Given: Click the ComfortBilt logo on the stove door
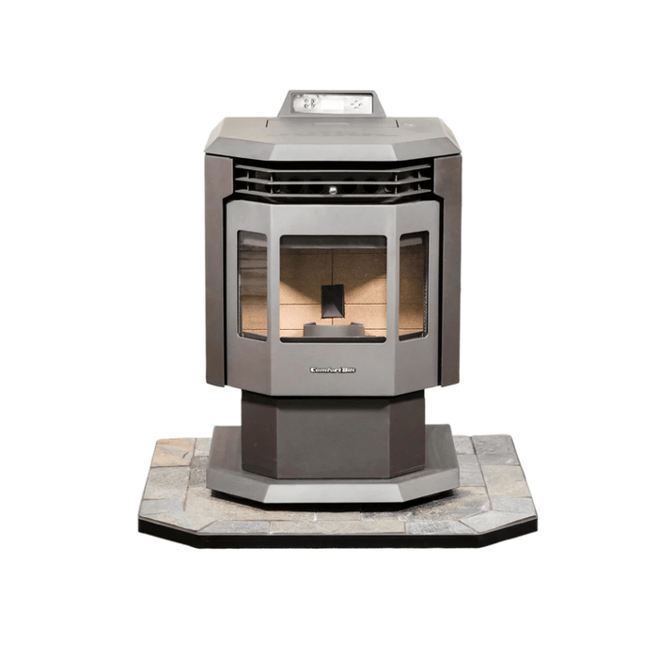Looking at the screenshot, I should pyautogui.click(x=333, y=369).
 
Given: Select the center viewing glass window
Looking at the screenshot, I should pyautogui.click(x=333, y=286).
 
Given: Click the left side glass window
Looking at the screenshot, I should pyautogui.click(x=252, y=285).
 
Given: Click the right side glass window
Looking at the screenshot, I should pyautogui.click(x=413, y=285).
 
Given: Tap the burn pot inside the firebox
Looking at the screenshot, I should pyautogui.click(x=333, y=329).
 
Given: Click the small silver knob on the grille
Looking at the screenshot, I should pyautogui.click(x=331, y=190).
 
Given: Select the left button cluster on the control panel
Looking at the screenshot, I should pyautogui.click(x=309, y=102).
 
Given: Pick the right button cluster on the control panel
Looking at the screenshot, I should pyautogui.click(x=355, y=102).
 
